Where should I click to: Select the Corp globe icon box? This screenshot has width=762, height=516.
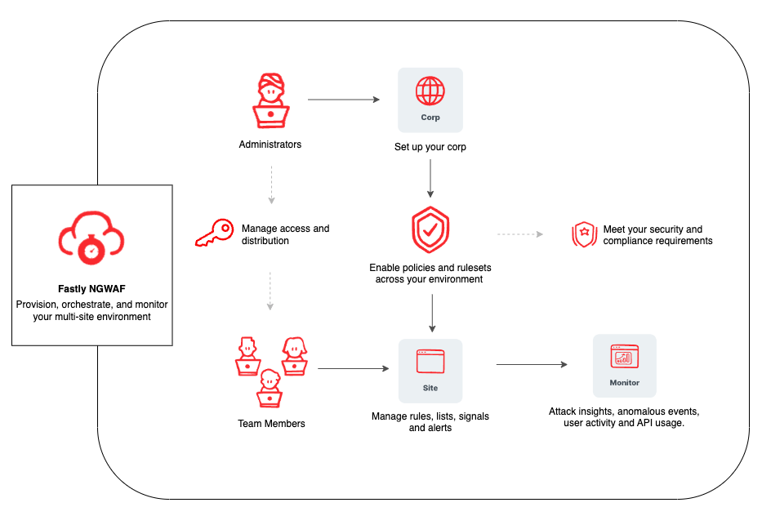430,100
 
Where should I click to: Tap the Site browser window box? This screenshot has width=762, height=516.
430,370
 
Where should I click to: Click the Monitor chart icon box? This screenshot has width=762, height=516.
624,365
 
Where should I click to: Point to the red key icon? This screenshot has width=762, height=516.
215,234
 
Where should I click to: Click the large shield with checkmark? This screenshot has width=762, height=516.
430,230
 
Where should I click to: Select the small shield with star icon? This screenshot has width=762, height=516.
584,235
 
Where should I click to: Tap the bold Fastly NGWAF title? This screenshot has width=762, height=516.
91,289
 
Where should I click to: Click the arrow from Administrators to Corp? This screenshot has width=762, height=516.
344,100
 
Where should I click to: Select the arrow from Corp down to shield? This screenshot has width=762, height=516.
430,179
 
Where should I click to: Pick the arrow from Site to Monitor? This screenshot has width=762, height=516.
531,365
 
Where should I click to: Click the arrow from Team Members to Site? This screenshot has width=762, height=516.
353,369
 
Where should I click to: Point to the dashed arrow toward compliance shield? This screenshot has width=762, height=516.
520,234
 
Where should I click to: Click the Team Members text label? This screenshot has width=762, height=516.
271,424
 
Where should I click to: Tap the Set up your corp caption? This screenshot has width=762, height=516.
430,148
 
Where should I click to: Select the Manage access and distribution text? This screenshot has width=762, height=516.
285,234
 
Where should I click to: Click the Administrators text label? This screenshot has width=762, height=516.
270,145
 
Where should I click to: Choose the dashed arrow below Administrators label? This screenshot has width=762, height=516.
270,185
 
